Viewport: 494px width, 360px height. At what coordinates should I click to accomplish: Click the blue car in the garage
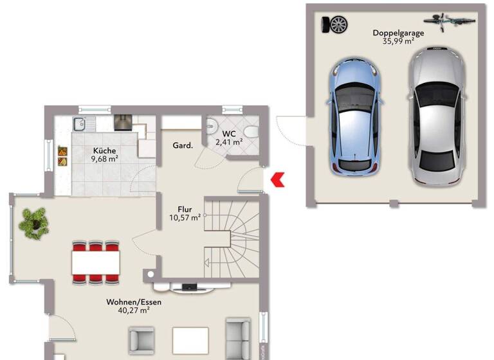coord(356,116)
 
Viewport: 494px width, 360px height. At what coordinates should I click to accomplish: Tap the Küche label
coord(104,150)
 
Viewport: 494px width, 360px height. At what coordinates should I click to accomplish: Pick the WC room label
coord(229,134)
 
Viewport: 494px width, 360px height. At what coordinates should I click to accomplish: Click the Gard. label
coord(183,146)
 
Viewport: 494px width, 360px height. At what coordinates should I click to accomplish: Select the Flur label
coord(186,209)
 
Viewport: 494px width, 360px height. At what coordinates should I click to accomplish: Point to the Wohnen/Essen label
coord(134,301)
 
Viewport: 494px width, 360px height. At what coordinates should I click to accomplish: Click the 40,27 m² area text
coord(134,310)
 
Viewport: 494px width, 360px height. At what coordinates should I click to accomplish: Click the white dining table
coord(96,262)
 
